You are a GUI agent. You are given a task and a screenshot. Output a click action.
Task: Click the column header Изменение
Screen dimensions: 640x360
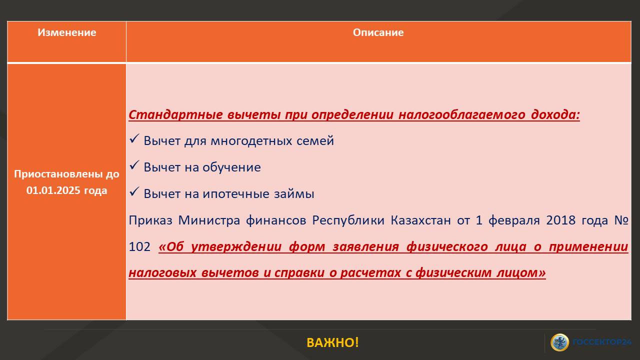67,32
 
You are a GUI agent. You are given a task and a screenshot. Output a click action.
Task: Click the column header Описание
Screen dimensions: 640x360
378,32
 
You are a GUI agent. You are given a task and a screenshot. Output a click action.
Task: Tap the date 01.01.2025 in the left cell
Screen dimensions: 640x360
53,190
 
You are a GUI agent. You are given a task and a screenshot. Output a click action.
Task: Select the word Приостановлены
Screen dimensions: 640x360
58,174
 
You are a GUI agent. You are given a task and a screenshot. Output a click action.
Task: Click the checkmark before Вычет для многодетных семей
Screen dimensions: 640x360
134,138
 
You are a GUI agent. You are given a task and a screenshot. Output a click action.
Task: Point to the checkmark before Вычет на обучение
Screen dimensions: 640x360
134,165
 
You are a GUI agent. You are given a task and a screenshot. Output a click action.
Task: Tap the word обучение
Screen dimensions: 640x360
231,167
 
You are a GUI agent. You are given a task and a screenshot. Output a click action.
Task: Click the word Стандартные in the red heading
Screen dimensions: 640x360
175,115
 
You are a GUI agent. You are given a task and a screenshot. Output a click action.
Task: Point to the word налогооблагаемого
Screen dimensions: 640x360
461,115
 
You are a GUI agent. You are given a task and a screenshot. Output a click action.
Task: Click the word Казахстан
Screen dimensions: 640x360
420,220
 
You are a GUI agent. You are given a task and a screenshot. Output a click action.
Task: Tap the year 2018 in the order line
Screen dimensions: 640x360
561,220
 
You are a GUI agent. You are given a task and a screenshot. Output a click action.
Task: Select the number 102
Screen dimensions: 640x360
139,247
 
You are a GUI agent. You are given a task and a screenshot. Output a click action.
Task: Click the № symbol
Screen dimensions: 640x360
621,220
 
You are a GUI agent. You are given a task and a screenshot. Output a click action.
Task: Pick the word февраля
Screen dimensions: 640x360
514,220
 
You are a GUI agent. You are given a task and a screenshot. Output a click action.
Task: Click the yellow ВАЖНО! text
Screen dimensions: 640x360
332,342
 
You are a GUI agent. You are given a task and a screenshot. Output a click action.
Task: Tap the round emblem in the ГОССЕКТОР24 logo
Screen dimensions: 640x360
559,342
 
